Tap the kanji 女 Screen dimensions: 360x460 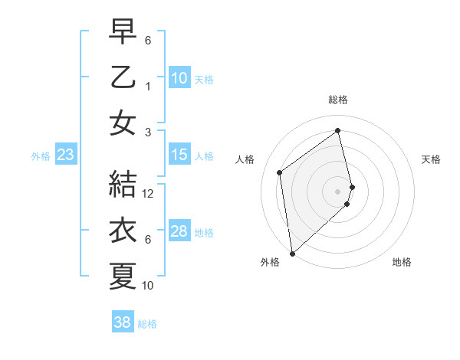123,123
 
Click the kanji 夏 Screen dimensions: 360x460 123,276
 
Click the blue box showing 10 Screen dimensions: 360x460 179,77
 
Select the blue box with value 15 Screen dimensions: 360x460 179,155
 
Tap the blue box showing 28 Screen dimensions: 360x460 179,231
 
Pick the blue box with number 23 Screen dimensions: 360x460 65,155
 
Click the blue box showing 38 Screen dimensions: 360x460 123,322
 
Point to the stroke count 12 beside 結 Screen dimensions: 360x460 149,194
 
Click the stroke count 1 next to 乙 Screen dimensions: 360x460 149,87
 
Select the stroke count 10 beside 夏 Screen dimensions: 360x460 149,286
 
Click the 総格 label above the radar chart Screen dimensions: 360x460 338,100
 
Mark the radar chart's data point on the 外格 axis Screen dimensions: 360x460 292,253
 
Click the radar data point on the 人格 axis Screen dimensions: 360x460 280,172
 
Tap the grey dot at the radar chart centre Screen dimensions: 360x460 338,191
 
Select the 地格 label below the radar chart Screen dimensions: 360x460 402,262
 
